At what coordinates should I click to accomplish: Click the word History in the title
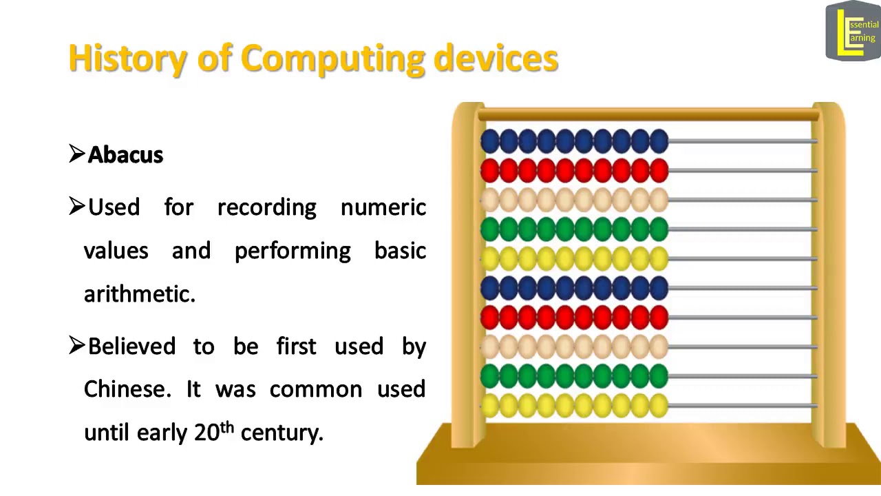pos(127,59)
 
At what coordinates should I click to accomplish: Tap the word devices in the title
pos(496,59)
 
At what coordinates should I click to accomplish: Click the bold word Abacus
pos(125,155)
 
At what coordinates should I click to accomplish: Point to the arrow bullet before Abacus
pos(76,154)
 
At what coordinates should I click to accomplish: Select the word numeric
pos(383,207)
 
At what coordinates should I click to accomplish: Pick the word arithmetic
pos(139,294)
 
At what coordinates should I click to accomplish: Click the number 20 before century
pos(206,433)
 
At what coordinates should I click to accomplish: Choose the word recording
pos(266,207)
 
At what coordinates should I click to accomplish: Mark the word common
pos(316,389)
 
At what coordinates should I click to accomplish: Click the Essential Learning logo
pos(853,31)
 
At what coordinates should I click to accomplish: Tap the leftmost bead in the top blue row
pos(490,141)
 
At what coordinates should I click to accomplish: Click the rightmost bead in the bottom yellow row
pos(659,406)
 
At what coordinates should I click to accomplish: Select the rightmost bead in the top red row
pos(659,170)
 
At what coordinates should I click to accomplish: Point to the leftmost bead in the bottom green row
pos(490,376)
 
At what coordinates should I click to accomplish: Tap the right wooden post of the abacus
pos(828,276)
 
